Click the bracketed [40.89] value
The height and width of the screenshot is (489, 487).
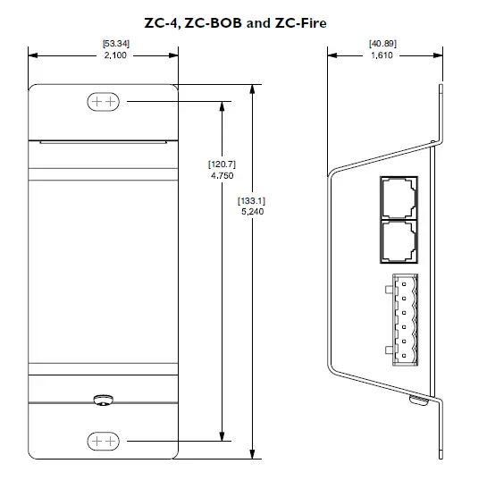point(382,44)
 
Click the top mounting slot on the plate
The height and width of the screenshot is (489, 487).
point(103,102)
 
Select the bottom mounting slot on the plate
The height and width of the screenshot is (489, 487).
point(103,441)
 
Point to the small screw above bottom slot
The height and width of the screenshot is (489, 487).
point(104,398)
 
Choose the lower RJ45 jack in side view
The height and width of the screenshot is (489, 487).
point(396,240)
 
